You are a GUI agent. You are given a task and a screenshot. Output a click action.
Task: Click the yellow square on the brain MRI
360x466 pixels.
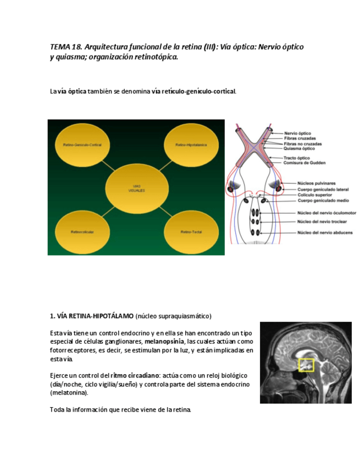click(306, 364)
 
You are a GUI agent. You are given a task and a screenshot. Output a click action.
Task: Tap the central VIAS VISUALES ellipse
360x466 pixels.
click(137, 188)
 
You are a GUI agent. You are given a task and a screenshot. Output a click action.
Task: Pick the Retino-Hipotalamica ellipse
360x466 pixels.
click(191, 145)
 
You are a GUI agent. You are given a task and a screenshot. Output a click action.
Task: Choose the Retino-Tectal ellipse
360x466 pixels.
click(191, 232)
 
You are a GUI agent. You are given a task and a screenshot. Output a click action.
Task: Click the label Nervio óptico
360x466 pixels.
click(297, 133)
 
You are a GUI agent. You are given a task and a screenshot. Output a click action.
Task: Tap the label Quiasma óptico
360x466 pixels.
click(299, 148)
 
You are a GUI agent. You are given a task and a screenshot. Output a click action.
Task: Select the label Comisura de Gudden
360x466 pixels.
click(304, 163)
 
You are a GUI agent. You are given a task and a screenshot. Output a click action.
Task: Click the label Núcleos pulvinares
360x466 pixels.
click(317, 183)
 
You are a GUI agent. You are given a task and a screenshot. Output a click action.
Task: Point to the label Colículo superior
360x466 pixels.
click(315, 195)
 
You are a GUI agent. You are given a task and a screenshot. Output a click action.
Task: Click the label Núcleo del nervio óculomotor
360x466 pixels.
click(326, 213)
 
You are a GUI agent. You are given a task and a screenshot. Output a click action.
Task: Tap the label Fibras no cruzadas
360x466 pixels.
click(303, 143)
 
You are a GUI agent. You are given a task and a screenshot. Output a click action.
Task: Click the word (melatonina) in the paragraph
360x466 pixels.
click(69, 393)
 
